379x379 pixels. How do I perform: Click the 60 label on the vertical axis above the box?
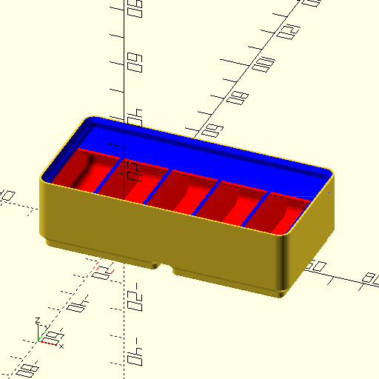[134, 62]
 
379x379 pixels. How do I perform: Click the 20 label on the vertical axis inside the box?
[134, 172]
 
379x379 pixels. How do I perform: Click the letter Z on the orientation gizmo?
[38, 322]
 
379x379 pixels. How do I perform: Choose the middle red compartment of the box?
[185, 194]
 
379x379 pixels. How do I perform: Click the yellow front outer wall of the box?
[163, 229]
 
